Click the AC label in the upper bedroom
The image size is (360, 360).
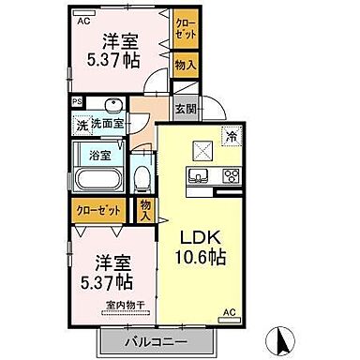83,20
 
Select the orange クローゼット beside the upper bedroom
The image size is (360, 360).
185,29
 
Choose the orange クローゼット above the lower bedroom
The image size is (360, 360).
95,212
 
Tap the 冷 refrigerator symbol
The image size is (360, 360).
231,137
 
